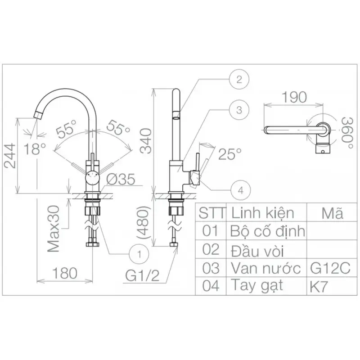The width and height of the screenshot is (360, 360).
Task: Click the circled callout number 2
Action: [x=239, y=80]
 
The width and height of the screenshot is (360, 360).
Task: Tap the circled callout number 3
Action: [x=239, y=110]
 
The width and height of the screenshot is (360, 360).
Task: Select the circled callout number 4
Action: [x=241, y=190]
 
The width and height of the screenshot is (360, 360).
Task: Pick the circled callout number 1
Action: [x=139, y=254]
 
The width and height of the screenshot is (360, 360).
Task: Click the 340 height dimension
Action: [x=146, y=141]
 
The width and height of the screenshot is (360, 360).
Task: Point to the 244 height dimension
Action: [x=10, y=156]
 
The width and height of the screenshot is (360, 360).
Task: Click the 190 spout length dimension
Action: [x=294, y=97]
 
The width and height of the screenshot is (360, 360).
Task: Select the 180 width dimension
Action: [x=65, y=273]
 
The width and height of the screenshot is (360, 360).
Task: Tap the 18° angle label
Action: [x=35, y=148]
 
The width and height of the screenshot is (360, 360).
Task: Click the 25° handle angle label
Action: [x=230, y=154]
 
